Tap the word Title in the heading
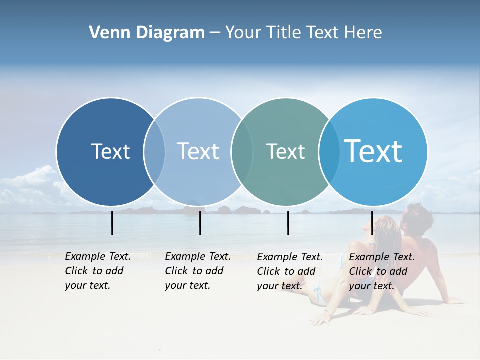[284, 33]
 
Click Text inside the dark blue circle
[110, 151]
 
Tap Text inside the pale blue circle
[198, 151]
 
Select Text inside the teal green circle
[285, 152]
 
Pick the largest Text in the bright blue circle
[373, 151]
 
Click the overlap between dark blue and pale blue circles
[154, 151]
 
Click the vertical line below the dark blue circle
[112, 223]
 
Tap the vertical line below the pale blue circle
[200, 223]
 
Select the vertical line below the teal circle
[288, 223]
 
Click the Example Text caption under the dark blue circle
[97, 271]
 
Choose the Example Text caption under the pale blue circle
[197, 271]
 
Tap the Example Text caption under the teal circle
[289, 271]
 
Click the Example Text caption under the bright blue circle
[381, 271]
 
